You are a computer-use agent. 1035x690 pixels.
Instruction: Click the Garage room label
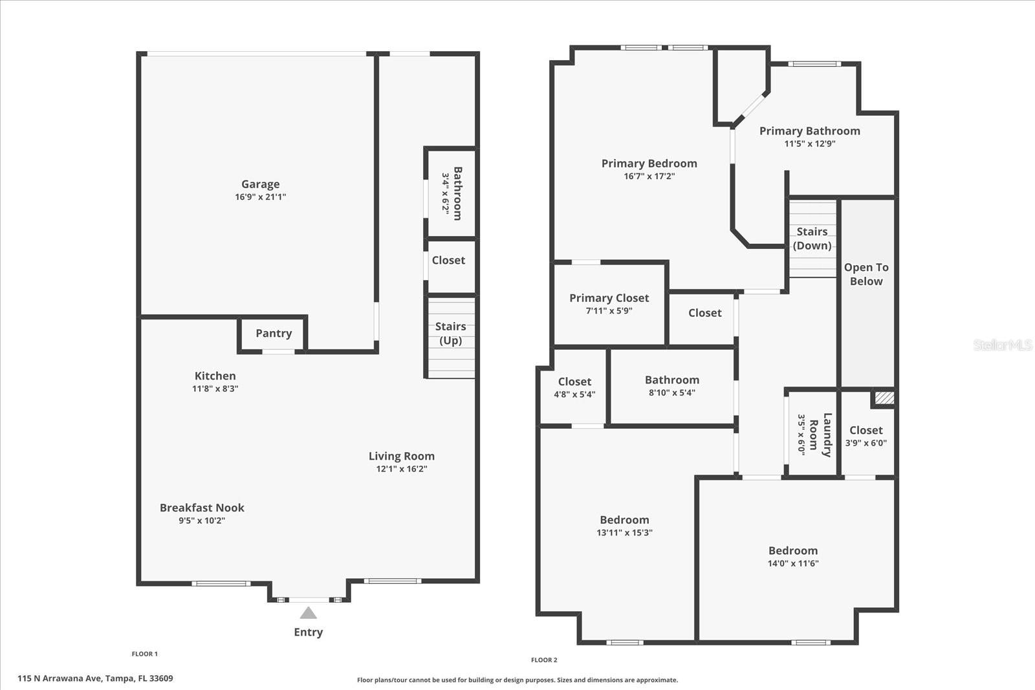(x=260, y=184)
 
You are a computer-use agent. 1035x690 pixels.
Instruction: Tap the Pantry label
(x=274, y=333)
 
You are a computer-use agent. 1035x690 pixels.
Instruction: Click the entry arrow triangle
(x=309, y=612)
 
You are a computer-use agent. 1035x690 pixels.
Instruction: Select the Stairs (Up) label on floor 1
(x=450, y=333)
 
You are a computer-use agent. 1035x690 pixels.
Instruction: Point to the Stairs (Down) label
(x=812, y=238)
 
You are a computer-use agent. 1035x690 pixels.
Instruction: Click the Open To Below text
(x=866, y=274)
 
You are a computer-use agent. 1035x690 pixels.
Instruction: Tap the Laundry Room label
(x=820, y=435)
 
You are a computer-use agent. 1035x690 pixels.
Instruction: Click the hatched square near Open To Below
(x=884, y=398)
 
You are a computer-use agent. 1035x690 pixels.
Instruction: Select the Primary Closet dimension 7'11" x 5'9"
(x=609, y=310)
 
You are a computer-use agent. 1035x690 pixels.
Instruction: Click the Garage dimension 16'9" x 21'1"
(x=260, y=197)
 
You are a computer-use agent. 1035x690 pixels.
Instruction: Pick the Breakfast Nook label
(x=202, y=508)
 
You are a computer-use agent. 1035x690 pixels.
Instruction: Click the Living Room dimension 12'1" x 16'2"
(x=402, y=469)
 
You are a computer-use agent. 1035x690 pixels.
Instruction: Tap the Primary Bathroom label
(x=809, y=131)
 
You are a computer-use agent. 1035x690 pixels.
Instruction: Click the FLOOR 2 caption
(x=544, y=660)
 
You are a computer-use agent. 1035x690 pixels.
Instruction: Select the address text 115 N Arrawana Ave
(x=95, y=678)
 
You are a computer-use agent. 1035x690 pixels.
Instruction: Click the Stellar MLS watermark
(x=1002, y=345)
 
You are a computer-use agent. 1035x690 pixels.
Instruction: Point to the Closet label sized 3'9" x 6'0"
(x=866, y=430)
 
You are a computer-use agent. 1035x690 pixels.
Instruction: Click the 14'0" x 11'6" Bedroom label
(x=793, y=550)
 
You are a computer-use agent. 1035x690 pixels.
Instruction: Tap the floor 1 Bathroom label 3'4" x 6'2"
(x=457, y=193)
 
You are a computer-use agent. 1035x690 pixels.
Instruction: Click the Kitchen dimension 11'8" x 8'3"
(x=215, y=389)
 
